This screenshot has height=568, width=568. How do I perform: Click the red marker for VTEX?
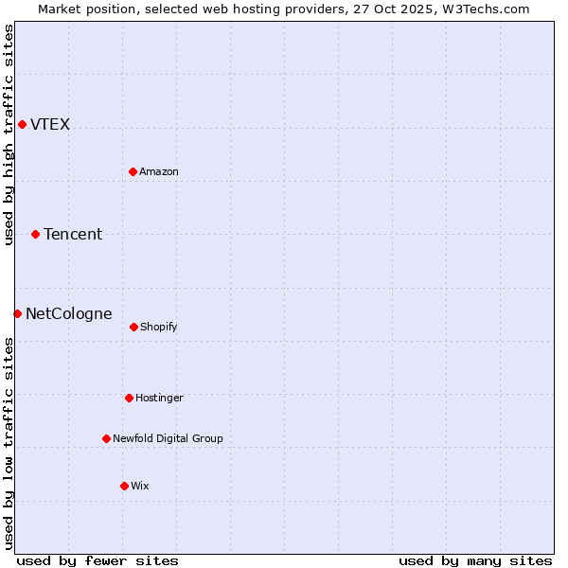tap(22, 124)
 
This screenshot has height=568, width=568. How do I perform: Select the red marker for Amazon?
tap(133, 171)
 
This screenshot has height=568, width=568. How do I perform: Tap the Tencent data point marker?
tap(35, 234)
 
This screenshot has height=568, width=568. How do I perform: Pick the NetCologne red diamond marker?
tap(17, 313)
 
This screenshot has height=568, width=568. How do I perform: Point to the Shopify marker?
tap(133, 327)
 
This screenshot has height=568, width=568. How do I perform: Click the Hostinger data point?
tap(129, 398)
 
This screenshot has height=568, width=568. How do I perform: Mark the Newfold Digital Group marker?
tap(106, 438)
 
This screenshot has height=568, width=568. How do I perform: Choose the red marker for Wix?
tap(124, 486)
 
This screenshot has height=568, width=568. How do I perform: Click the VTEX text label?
tap(50, 125)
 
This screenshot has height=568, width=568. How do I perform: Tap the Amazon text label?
tap(159, 171)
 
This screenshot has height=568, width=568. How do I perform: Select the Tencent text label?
tap(73, 235)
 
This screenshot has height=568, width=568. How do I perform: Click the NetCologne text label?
tap(68, 314)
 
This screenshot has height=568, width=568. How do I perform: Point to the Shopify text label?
tap(159, 328)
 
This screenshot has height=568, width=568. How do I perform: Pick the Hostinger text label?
tap(159, 399)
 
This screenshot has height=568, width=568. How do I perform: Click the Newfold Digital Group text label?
tap(168, 439)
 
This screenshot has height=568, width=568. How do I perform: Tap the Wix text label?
tap(140, 487)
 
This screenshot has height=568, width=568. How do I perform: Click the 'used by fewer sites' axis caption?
tap(98, 560)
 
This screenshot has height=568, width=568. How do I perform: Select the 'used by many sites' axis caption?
tap(475, 560)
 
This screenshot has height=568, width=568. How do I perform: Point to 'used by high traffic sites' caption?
tap(9, 134)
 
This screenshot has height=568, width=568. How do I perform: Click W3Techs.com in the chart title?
tap(483, 9)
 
